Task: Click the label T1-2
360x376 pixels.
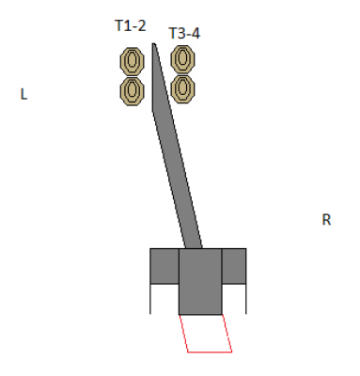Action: (x=131, y=25)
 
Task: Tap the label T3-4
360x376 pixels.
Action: (x=184, y=33)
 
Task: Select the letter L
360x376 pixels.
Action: (x=23, y=94)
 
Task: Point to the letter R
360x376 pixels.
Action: (x=326, y=220)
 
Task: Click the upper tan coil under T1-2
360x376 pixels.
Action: (x=133, y=61)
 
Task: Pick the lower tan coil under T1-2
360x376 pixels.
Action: (x=133, y=91)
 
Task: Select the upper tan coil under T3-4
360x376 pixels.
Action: (x=182, y=59)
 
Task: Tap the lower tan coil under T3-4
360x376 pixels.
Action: (x=182, y=88)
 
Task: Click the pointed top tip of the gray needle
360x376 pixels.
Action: (x=153, y=44)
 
